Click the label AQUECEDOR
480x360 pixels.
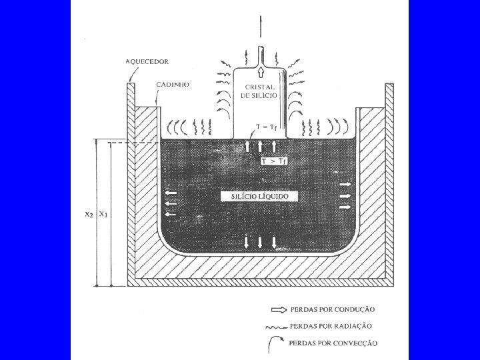click(x=147, y=61)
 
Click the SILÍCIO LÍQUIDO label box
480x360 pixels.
click(x=259, y=197)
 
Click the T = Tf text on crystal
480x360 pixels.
click(x=267, y=127)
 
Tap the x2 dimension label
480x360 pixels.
click(x=88, y=215)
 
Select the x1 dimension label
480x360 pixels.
click(x=103, y=215)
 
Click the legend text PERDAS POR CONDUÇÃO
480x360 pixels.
click(x=332, y=309)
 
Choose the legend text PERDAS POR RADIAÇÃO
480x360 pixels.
click(x=331, y=326)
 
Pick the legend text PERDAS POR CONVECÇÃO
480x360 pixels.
click(x=333, y=343)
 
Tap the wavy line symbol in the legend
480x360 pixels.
click(x=278, y=327)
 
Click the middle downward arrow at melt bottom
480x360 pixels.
click(x=260, y=242)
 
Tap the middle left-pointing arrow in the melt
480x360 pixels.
click(x=171, y=203)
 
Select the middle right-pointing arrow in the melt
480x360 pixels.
click(x=345, y=195)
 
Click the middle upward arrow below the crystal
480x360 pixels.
click(x=260, y=145)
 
